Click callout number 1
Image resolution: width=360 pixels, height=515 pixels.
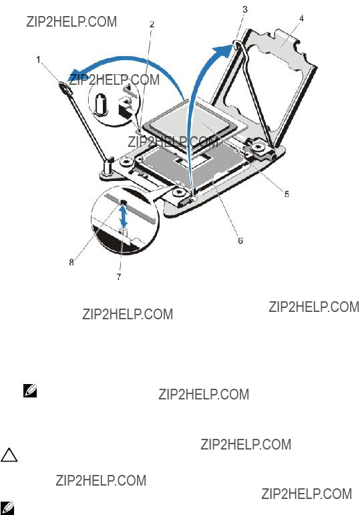click(39, 59)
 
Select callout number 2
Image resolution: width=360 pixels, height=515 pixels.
click(152, 24)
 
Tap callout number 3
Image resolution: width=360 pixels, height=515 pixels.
click(245, 9)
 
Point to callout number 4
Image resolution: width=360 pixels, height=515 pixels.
click(301, 19)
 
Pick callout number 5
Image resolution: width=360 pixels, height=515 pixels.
click(287, 194)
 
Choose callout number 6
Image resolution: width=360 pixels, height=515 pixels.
click(240, 240)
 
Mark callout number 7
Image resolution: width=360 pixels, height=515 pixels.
click(119, 277)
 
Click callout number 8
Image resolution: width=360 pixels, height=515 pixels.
click(71, 262)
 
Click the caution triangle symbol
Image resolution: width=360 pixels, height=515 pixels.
click(9, 456)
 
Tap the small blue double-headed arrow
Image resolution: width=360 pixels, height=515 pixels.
click(124, 216)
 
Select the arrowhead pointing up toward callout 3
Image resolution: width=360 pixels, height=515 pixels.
click(225, 51)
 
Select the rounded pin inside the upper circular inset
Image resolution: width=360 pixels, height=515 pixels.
click(100, 105)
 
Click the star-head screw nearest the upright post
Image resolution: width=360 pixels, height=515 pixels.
click(126, 162)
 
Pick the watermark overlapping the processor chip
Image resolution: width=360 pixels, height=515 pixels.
click(172, 142)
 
